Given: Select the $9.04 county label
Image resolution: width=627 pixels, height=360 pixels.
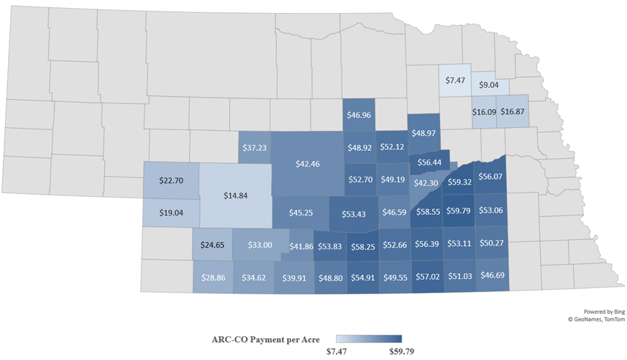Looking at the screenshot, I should pyautogui.click(x=489, y=85).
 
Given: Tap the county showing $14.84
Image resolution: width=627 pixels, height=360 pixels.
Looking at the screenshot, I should pyautogui.click(x=235, y=195).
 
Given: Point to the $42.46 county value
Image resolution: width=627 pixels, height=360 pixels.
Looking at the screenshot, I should pyautogui.click(x=308, y=163).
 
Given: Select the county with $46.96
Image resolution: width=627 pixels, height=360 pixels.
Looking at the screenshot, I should pyautogui.click(x=359, y=114).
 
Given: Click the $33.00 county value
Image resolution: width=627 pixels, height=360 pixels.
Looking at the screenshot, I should pyautogui.click(x=260, y=245).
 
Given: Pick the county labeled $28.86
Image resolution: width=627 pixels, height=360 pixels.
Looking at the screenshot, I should pyautogui.click(x=213, y=277).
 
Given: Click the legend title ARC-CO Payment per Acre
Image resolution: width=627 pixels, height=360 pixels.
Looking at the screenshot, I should pyautogui.click(x=271, y=338).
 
